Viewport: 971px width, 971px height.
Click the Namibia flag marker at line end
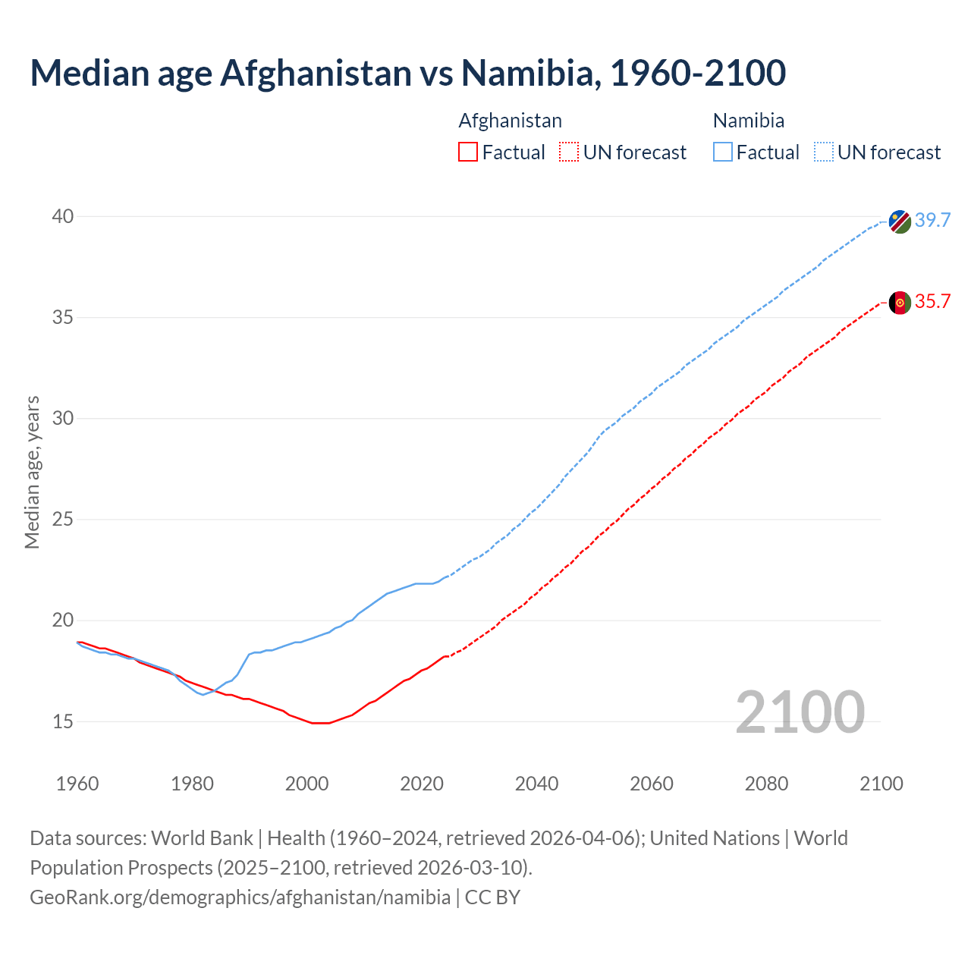click(x=900, y=222)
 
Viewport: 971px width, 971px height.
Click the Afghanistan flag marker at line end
click(x=900, y=303)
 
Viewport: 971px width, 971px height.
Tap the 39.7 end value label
click(x=932, y=221)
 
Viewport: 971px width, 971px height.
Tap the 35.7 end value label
click(x=932, y=302)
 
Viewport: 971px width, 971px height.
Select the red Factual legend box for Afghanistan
click(x=468, y=152)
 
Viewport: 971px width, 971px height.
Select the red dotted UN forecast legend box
click(x=569, y=152)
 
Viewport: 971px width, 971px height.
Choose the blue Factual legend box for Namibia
click(x=723, y=152)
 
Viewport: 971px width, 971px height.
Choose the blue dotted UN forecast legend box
click(x=823, y=152)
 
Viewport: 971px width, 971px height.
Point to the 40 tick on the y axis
click(x=63, y=217)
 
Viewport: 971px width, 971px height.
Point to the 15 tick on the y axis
click(x=63, y=721)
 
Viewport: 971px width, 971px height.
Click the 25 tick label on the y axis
click(x=63, y=520)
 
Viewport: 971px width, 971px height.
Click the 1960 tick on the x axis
click(x=77, y=784)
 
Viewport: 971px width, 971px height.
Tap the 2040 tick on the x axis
click(x=536, y=784)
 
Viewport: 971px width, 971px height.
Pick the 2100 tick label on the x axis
click(x=881, y=784)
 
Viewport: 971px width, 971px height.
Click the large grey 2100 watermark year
click(x=800, y=712)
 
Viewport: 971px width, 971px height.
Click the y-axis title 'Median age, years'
click(x=32, y=472)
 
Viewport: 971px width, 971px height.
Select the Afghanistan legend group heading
click(x=511, y=121)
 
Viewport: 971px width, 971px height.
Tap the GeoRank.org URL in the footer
click(x=240, y=897)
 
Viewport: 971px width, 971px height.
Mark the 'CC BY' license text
click(x=492, y=897)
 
